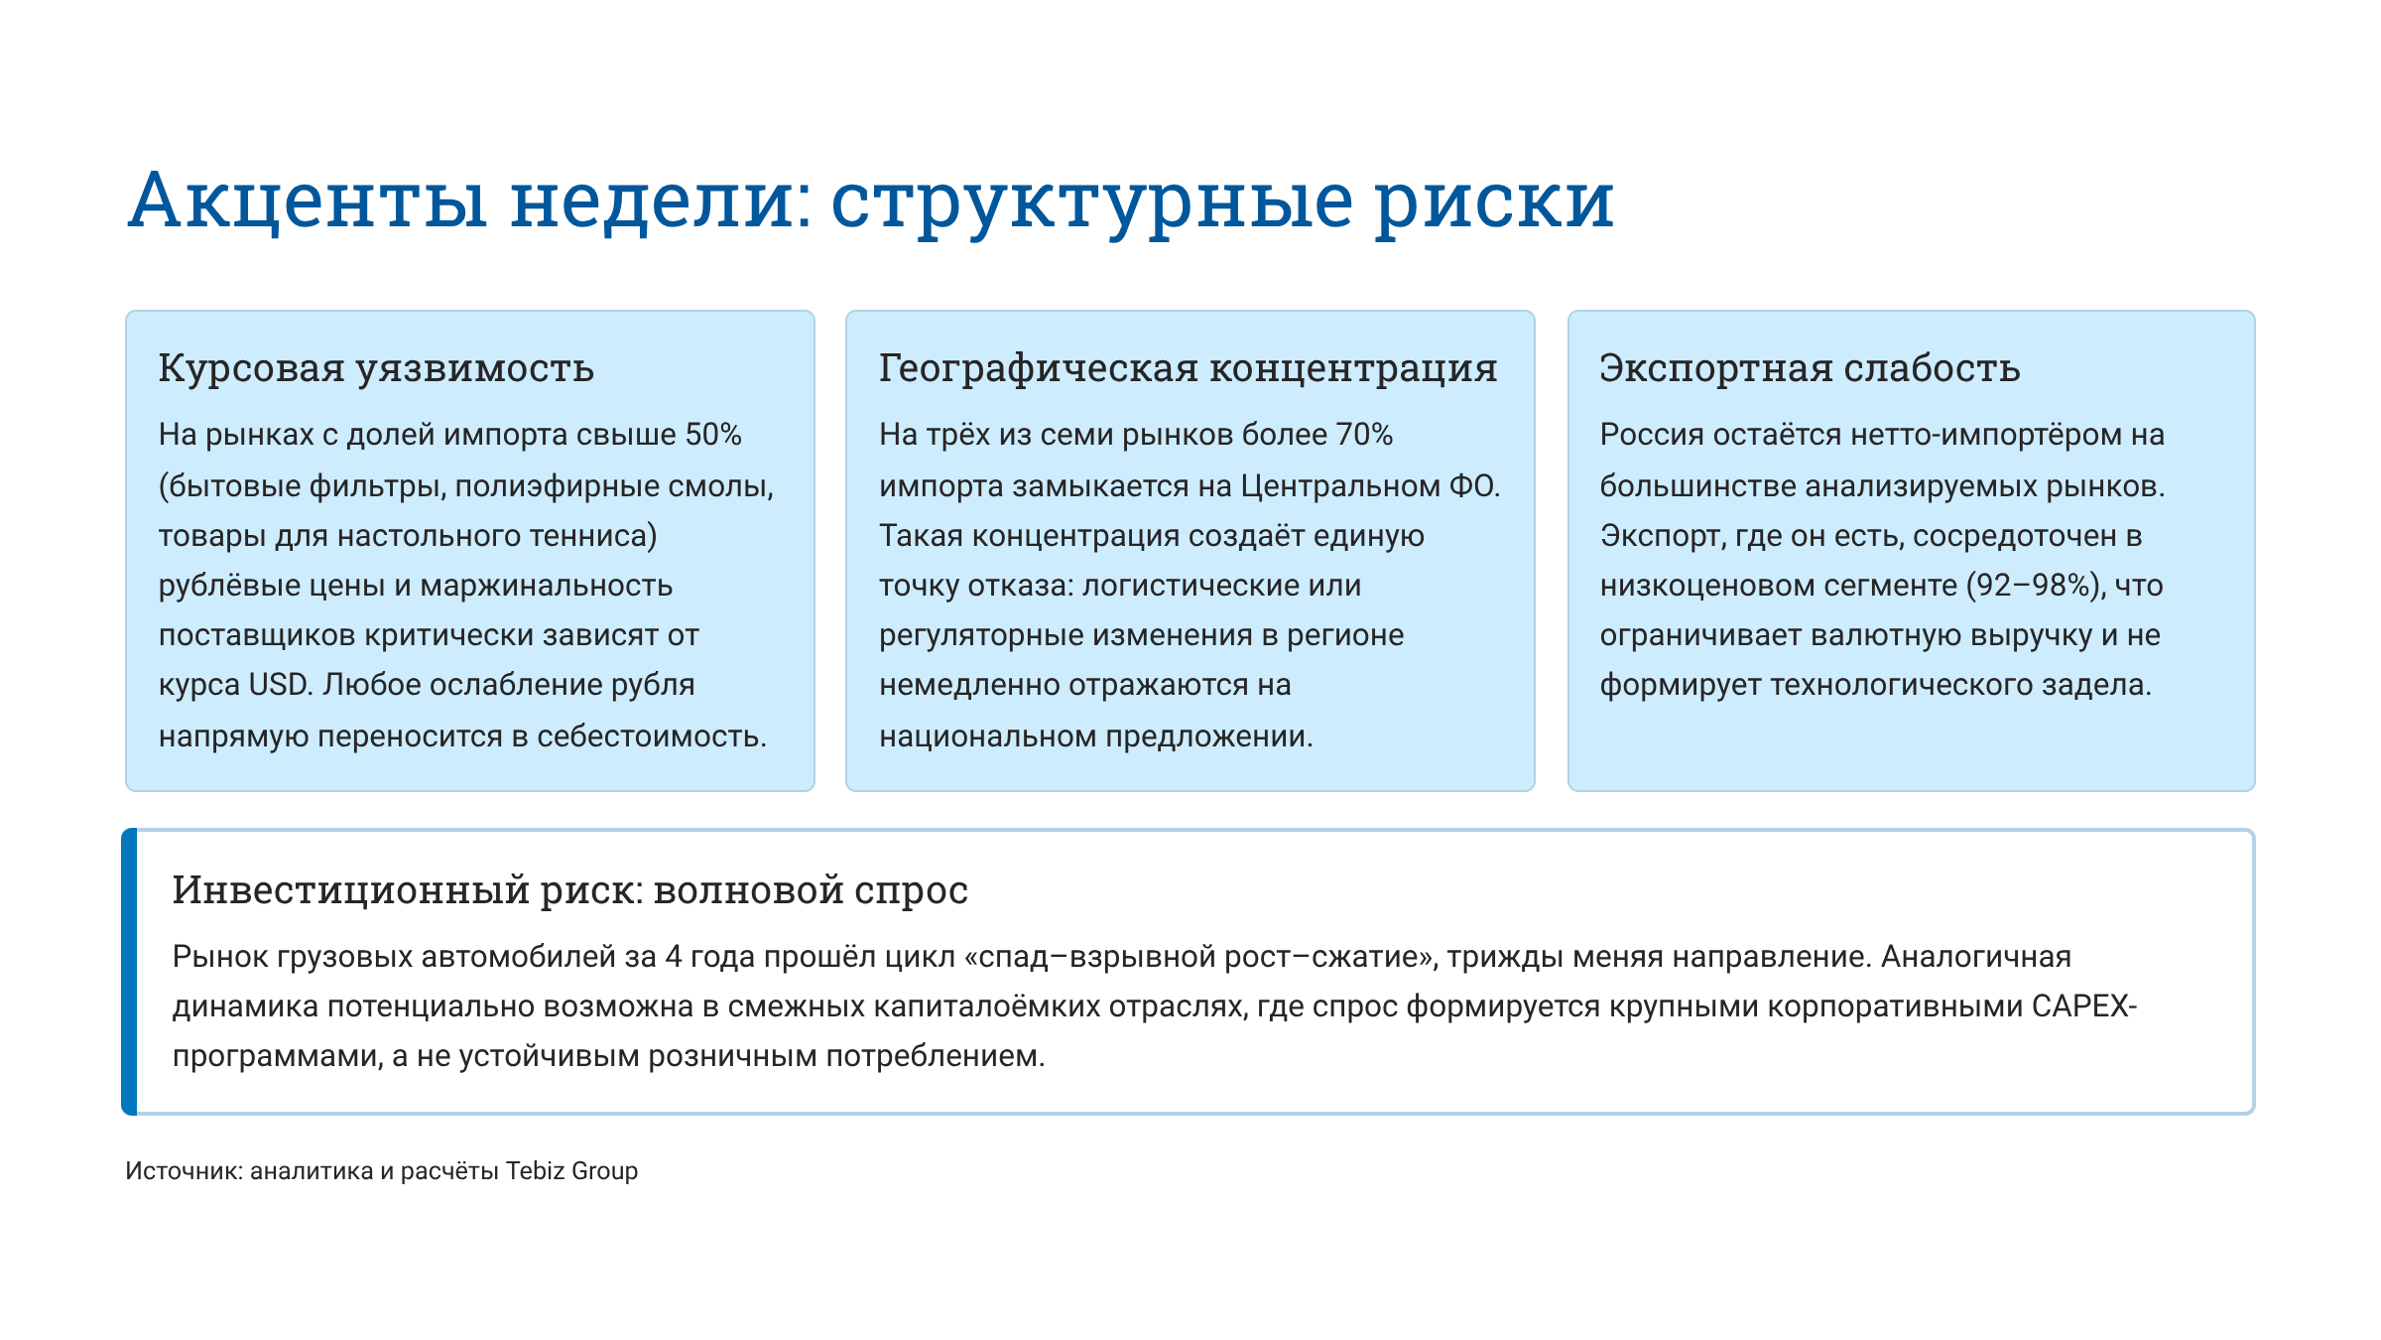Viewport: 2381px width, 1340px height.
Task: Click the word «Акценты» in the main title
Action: coord(308,201)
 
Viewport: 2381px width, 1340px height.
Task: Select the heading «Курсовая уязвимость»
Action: coord(376,368)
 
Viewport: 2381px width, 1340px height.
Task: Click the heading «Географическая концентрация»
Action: coord(1188,368)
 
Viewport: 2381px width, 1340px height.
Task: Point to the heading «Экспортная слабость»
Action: coord(1810,368)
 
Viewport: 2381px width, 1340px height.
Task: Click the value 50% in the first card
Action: coord(713,435)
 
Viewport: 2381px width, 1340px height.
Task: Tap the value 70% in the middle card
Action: coord(1364,435)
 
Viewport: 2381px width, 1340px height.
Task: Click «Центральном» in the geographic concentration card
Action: coord(1339,486)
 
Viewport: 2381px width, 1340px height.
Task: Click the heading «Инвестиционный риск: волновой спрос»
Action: coord(569,890)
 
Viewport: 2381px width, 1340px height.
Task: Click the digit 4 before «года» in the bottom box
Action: coord(674,957)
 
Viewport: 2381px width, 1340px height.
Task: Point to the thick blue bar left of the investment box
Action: coord(129,972)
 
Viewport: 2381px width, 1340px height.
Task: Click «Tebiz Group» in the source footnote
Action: coord(571,1171)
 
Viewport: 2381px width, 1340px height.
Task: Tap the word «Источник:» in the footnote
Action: coord(184,1171)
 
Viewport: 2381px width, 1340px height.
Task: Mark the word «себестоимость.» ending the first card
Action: coord(652,737)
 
